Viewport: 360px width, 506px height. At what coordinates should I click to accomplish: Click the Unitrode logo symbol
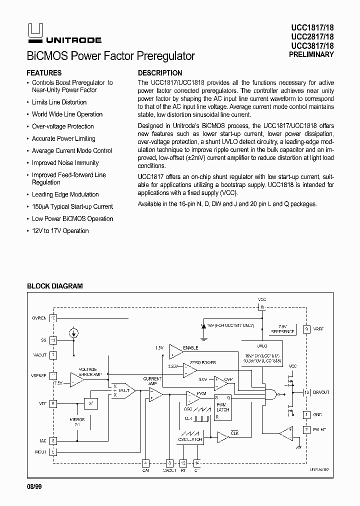pos(32,31)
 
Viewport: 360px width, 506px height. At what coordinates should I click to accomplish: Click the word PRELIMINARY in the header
pos(311,54)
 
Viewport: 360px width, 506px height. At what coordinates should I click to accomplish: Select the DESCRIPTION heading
pos(160,72)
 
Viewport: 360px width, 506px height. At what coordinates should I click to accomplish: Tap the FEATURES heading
pos(44,72)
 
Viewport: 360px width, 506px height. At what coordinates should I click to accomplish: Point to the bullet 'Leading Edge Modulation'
pos(65,194)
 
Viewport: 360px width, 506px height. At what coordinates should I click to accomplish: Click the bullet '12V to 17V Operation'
pos(60,231)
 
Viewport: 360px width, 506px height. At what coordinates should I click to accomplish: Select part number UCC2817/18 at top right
pos(311,37)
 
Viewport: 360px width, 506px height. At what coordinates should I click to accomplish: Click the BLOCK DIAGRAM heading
pos(54,286)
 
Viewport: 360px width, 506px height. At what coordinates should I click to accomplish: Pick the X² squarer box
pos(90,403)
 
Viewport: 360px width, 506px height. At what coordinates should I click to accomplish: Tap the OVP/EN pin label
pos(40,317)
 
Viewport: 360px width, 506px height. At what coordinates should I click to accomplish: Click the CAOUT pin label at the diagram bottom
pos(170,470)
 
